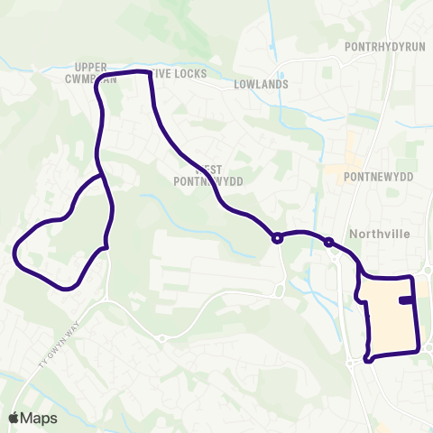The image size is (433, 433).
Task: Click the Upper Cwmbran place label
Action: coord(96,73)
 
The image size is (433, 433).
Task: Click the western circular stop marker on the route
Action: coord(277,238)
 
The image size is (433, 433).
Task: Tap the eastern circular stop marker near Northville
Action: coord(328,242)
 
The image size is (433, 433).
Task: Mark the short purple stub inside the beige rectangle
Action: coord(407,300)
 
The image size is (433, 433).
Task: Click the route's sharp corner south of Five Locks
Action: coord(148,72)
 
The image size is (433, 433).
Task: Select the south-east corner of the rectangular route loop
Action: coord(418,348)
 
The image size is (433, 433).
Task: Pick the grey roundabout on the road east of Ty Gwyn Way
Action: coord(161,338)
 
